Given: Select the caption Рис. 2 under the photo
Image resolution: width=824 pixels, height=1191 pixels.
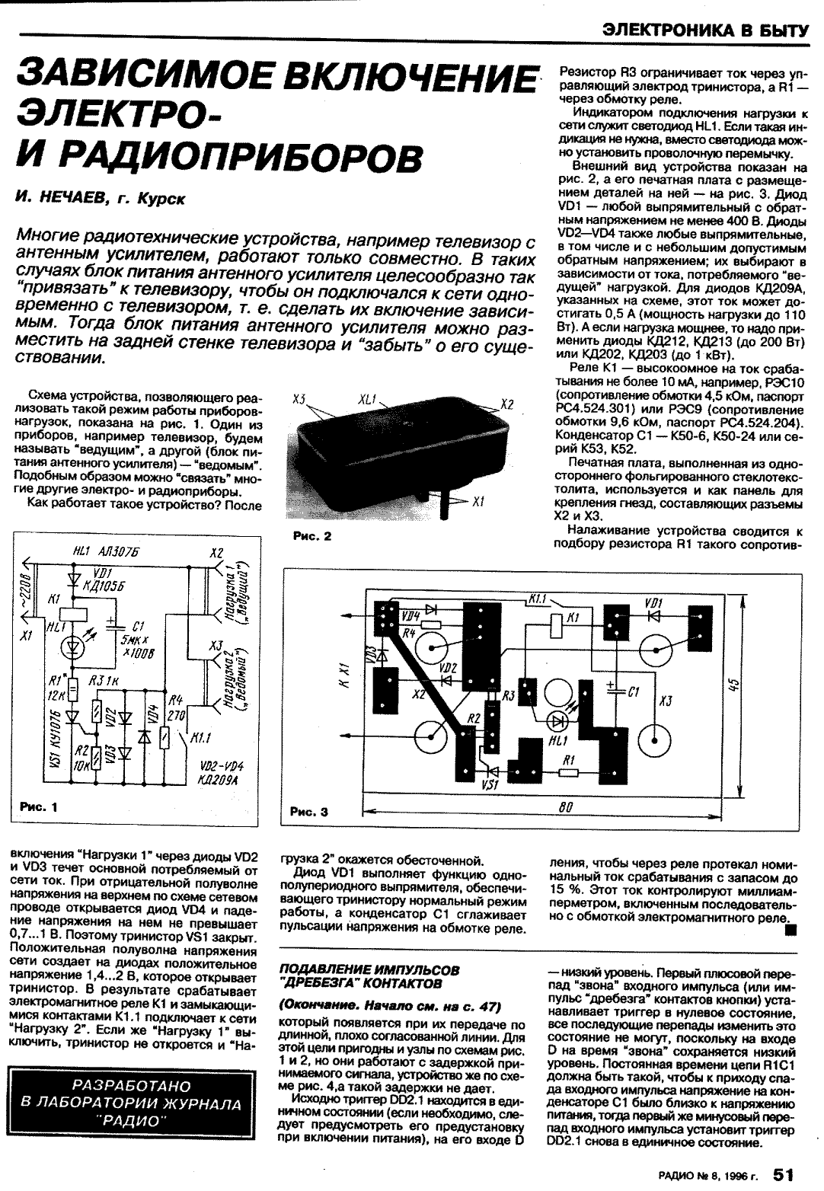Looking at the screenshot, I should tap(311, 536).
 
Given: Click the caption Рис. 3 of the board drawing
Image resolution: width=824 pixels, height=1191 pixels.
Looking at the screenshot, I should tap(308, 812).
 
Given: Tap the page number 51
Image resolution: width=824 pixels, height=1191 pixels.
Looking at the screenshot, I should tap(790, 1173).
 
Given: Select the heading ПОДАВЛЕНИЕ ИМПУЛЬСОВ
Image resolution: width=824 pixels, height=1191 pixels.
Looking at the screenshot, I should tap(370, 970).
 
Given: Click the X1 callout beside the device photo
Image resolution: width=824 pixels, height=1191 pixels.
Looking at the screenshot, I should tap(478, 503).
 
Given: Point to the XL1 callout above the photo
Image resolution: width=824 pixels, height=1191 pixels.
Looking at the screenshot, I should tap(368, 400).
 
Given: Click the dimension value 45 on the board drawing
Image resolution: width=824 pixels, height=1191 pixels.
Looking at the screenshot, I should tap(733, 685).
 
